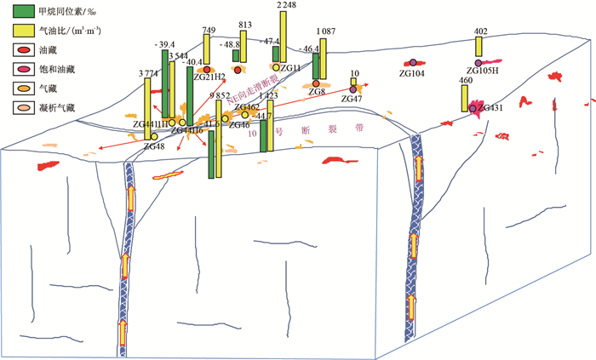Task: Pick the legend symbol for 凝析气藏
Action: tap(18, 107)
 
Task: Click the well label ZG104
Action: tap(412, 74)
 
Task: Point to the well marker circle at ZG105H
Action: tap(479, 62)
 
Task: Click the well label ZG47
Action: tap(352, 100)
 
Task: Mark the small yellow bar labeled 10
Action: tap(353, 83)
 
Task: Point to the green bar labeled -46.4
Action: tap(316, 66)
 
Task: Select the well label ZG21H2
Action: tap(209, 78)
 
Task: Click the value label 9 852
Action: tap(221, 96)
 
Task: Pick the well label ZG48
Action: tap(154, 147)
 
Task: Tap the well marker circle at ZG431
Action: tap(473, 109)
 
